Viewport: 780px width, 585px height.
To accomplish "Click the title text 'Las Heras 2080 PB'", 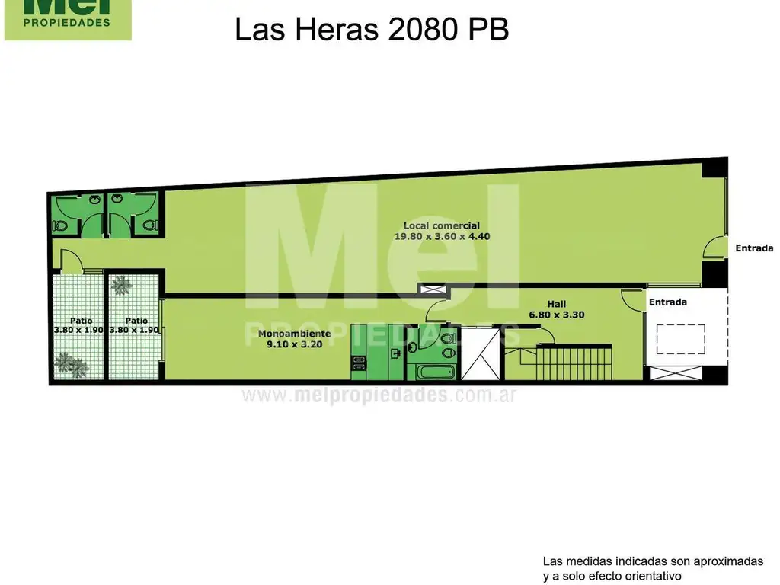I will pos(371,30).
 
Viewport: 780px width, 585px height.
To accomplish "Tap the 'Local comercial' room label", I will pos(442,225).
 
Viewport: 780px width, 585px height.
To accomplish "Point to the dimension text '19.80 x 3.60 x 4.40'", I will pos(442,236).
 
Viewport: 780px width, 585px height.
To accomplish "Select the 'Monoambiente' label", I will pos(294,334).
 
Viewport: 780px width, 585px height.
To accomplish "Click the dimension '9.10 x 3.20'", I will pos(294,344).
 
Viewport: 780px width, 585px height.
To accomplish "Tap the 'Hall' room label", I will pos(557,304).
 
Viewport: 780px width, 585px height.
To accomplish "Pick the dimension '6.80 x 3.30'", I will pos(557,314).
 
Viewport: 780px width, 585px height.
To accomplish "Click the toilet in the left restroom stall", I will pos(61,225).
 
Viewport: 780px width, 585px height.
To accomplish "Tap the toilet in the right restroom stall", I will pos(150,225).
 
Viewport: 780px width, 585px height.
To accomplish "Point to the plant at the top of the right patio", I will pos(121,286).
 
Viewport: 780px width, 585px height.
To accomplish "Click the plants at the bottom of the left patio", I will pos(73,364).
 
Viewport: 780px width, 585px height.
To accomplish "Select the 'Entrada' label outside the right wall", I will pos(754,248).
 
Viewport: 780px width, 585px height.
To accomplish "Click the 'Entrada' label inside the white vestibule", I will pos(668,302).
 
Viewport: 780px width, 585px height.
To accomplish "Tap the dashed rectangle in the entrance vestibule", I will pos(680,339).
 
